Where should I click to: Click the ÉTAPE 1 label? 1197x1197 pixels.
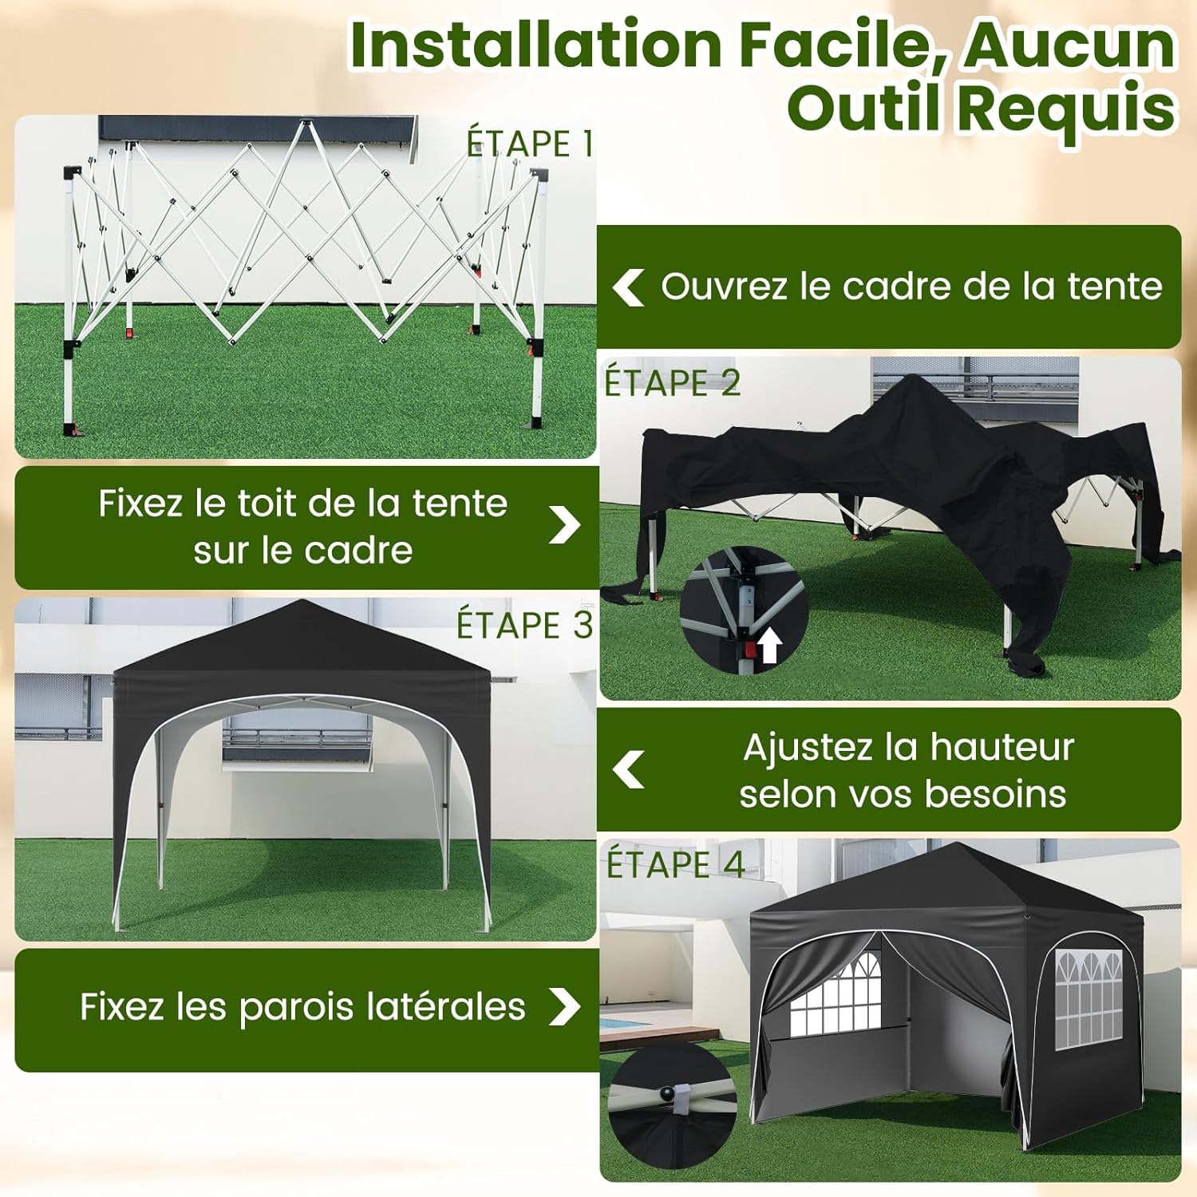pos(530,143)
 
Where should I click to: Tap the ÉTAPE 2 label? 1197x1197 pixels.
pos(673,382)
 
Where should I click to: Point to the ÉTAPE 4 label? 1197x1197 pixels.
pos(676,864)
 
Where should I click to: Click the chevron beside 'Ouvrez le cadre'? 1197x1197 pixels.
pos(628,287)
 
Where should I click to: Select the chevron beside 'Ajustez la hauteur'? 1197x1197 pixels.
pos(629,769)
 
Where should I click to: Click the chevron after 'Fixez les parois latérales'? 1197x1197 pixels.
pos(565,1006)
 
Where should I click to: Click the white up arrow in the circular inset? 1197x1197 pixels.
pos(768,645)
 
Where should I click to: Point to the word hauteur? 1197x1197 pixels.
pos(1001,747)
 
